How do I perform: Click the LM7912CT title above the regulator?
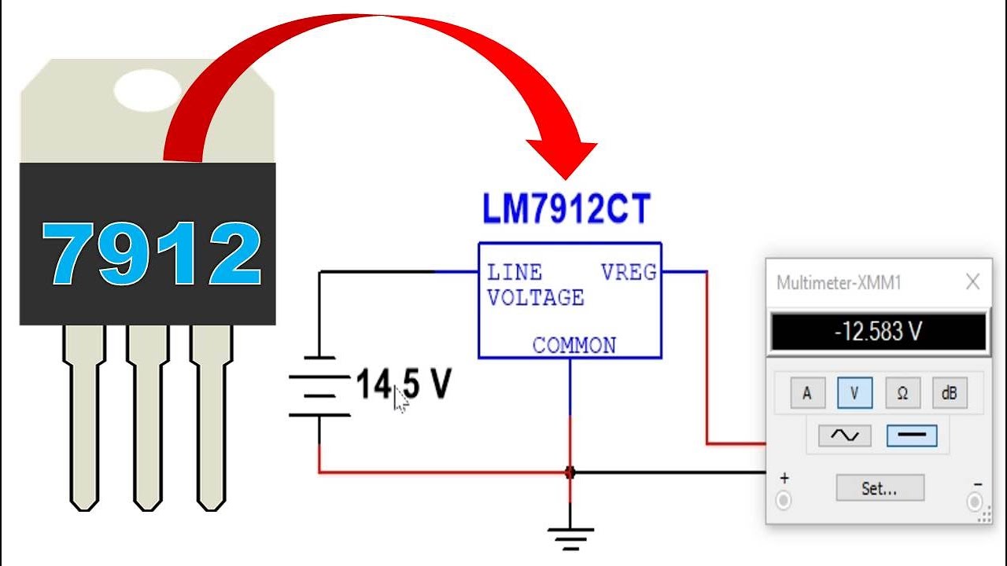566,211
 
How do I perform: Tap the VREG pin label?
628,273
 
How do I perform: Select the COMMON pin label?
574,345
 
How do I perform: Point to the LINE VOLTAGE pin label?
534,285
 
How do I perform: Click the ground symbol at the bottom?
570,538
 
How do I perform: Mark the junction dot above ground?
570,472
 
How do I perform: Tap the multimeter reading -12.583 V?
877,332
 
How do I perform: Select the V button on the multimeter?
854,393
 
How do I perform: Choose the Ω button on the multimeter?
902,393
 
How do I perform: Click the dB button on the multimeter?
950,393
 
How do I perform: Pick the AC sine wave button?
844,436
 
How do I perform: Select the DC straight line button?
912,436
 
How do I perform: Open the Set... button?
880,488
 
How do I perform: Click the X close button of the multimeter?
972,282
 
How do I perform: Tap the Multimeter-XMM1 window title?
839,283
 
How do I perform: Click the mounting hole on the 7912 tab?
147,90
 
